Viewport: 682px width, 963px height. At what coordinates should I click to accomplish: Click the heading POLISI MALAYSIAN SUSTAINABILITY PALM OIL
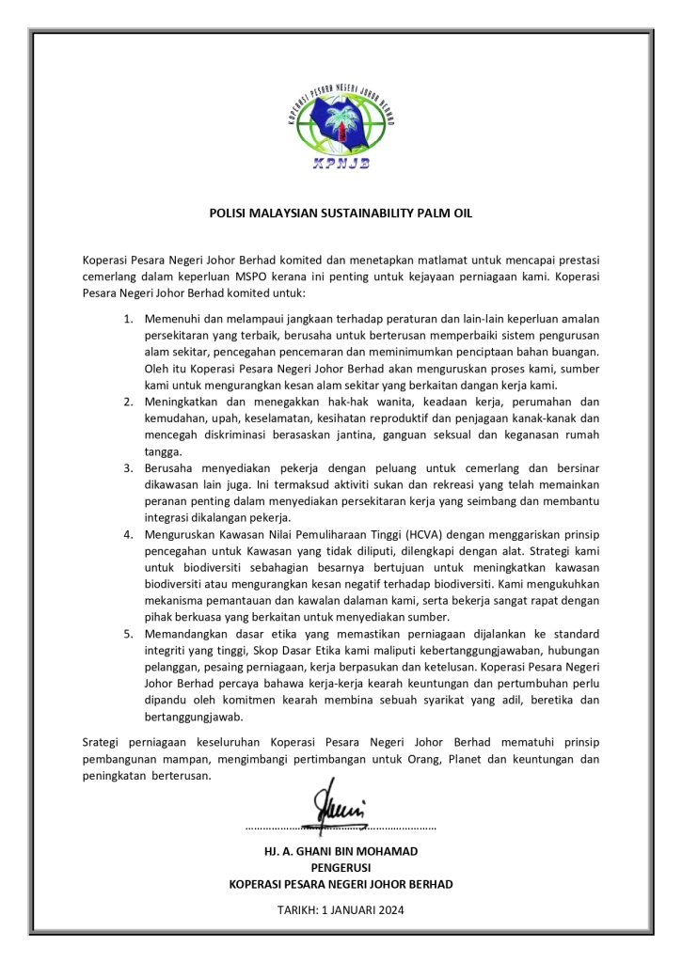341,213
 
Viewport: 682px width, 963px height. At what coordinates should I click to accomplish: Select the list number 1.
129,320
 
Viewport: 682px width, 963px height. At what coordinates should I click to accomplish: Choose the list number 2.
129,403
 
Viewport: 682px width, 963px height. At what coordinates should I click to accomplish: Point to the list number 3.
129,468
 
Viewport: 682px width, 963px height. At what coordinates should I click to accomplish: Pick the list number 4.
129,534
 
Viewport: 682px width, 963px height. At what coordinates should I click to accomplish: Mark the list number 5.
129,634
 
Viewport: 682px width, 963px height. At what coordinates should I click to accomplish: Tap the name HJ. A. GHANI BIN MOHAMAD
341,851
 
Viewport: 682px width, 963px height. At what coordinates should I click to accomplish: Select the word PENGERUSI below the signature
341,868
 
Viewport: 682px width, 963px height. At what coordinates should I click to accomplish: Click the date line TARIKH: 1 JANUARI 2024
341,909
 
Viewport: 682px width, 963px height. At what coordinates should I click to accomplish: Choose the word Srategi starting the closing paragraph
103,744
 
